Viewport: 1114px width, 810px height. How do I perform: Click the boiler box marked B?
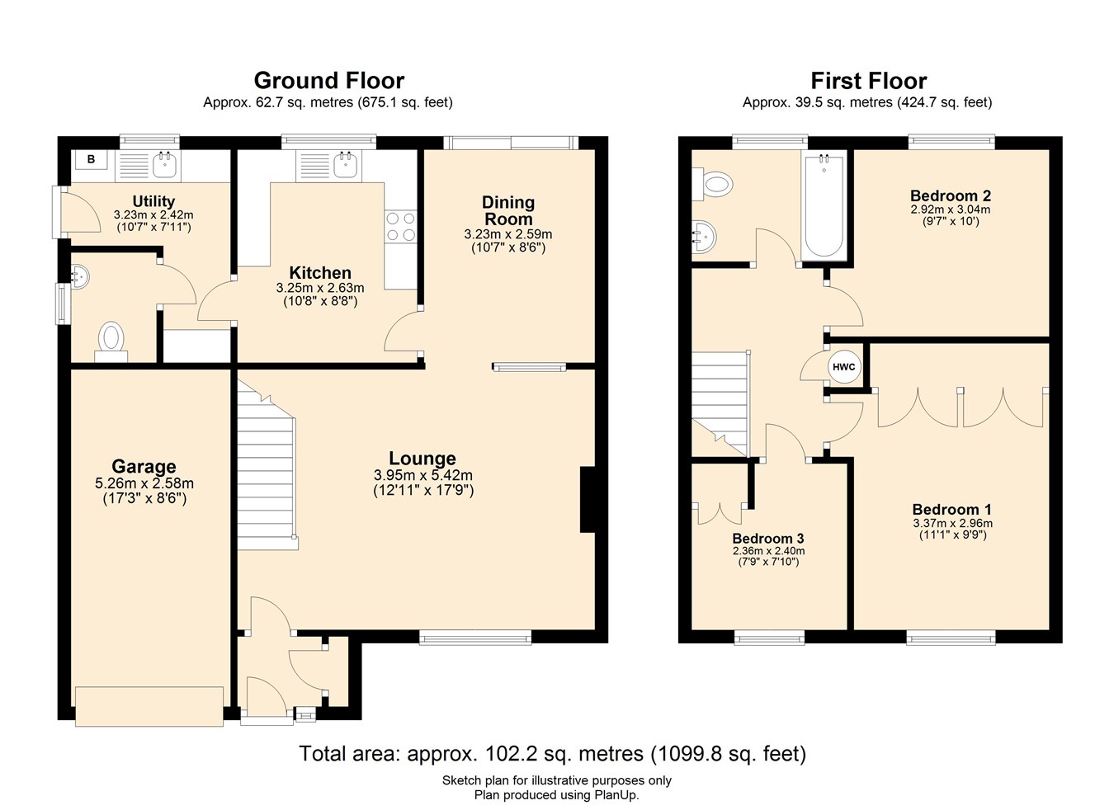[91, 160]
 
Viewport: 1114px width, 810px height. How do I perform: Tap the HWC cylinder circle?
[843, 367]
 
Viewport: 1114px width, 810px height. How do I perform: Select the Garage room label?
[144, 467]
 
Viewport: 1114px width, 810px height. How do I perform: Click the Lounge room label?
[422, 459]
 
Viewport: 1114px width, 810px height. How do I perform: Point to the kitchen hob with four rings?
[400, 227]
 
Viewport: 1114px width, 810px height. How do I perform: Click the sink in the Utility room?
[165, 163]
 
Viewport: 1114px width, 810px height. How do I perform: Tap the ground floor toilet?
[111, 339]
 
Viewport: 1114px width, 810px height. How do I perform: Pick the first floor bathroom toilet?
[714, 184]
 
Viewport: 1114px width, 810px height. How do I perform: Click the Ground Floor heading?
[328, 80]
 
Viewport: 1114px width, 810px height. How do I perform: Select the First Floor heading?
[868, 80]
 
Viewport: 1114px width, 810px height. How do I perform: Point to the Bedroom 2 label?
[950, 195]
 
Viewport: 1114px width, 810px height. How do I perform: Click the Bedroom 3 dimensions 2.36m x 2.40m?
[768, 551]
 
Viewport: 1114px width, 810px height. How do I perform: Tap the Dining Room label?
[508, 210]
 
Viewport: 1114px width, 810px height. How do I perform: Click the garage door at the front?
[149, 705]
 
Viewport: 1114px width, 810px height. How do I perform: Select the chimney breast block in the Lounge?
[588, 500]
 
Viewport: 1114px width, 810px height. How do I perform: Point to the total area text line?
[552, 753]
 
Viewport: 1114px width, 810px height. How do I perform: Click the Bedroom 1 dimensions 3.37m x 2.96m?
[952, 523]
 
